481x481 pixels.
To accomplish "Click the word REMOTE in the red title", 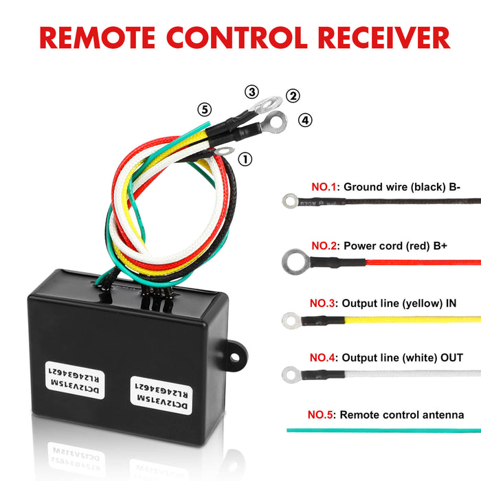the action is pos(98,38).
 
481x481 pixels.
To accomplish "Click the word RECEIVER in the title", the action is pos(384,38).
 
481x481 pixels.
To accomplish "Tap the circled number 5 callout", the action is pos(205,109).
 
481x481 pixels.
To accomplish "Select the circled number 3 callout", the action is pos(251,91).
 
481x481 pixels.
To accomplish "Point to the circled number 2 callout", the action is pos(293,96).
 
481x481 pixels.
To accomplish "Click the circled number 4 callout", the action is pos(305,120).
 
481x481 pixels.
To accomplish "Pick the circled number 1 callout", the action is pos(245,159).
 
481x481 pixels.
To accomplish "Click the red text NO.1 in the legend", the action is pos(324,187).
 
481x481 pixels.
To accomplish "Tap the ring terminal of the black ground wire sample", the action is pos(290,201).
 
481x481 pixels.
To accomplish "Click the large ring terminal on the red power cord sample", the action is pos(295,262).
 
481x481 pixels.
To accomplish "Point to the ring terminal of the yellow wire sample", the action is pos(291,321).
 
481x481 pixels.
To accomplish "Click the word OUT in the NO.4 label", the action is pos(451,358).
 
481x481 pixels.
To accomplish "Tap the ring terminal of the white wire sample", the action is pos(291,374).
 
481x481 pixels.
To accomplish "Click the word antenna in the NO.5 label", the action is pos(443,415).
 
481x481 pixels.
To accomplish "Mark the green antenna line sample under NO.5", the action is pos(383,430).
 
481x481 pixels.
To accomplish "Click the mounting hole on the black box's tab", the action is pos(235,357).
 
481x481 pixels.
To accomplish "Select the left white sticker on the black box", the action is pos(75,380).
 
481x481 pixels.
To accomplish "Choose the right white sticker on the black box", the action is pos(161,396).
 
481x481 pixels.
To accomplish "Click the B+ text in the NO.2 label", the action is pos(440,246).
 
